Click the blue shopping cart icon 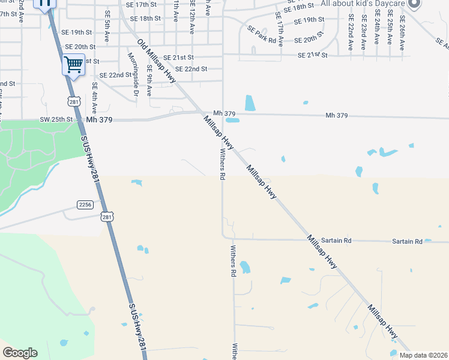(73, 64)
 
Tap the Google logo (20, 353)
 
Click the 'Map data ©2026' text (423, 355)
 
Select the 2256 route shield (85, 205)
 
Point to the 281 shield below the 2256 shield (106, 217)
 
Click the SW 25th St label (56, 119)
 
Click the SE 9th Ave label (149, 82)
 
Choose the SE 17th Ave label (280, 22)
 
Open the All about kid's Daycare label (363, 4)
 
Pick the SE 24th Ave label (377, 30)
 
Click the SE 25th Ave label (390, 30)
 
